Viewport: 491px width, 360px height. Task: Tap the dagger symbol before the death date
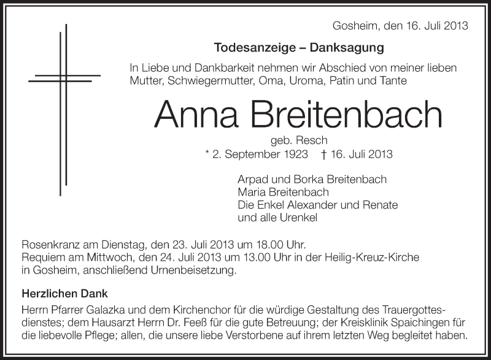pyautogui.click(x=323, y=155)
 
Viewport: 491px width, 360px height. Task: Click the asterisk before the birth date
pyautogui.click(x=207, y=155)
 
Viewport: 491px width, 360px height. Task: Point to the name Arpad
pyautogui.click(x=251, y=179)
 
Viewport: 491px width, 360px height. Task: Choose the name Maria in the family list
pyautogui.click(x=250, y=192)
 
